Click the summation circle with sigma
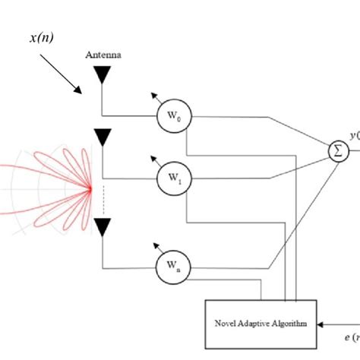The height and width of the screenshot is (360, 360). point(336,151)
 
